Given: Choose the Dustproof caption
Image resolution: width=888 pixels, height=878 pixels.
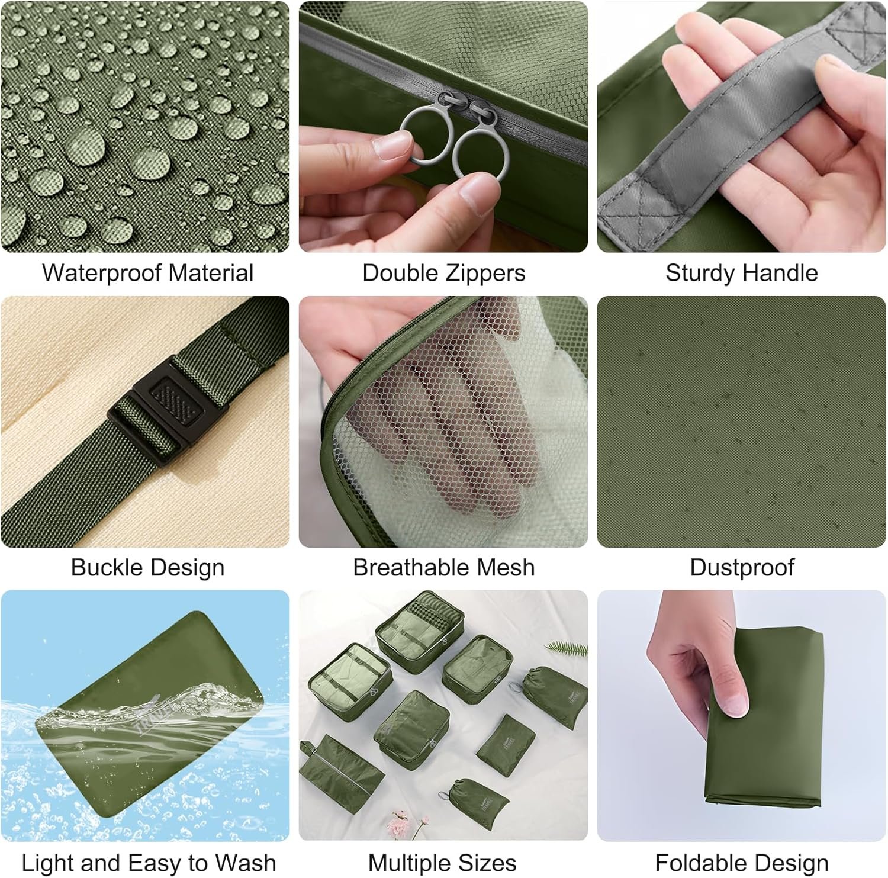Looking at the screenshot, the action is (742, 568).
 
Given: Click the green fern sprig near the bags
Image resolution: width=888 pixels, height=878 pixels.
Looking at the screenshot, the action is (567, 648).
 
